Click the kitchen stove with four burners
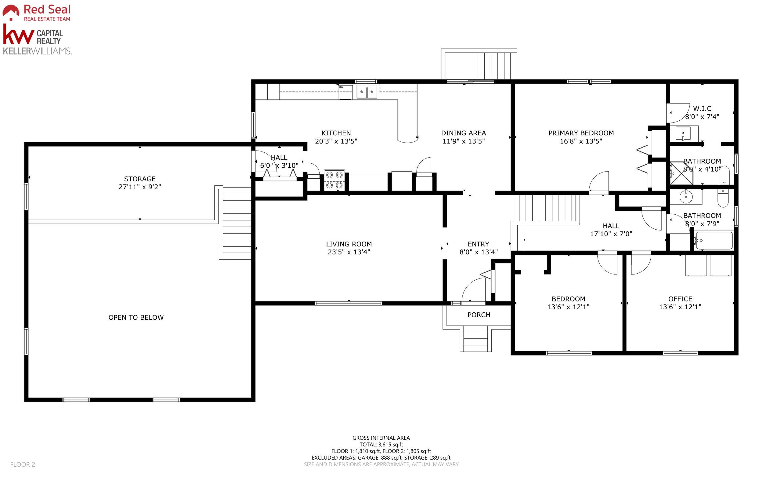(x=334, y=180)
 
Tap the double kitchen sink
(x=367, y=92)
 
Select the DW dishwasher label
(x=341, y=87)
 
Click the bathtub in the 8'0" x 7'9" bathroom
(x=714, y=240)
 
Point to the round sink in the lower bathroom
(x=686, y=197)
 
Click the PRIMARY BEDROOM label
(x=581, y=133)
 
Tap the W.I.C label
(x=702, y=108)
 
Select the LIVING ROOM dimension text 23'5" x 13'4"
(x=349, y=252)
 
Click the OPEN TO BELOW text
(x=136, y=317)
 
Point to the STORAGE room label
(x=140, y=179)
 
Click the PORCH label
(x=479, y=315)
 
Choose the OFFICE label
(x=680, y=299)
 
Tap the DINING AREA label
(x=464, y=133)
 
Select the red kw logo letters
(x=18, y=34)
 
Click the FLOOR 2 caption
(x=23, y=464)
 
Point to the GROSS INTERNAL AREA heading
(x=381, y=438)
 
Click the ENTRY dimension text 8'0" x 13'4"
(x=479, y=252)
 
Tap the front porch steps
(x=476, y=339)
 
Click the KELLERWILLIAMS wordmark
(x=37, y=51)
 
